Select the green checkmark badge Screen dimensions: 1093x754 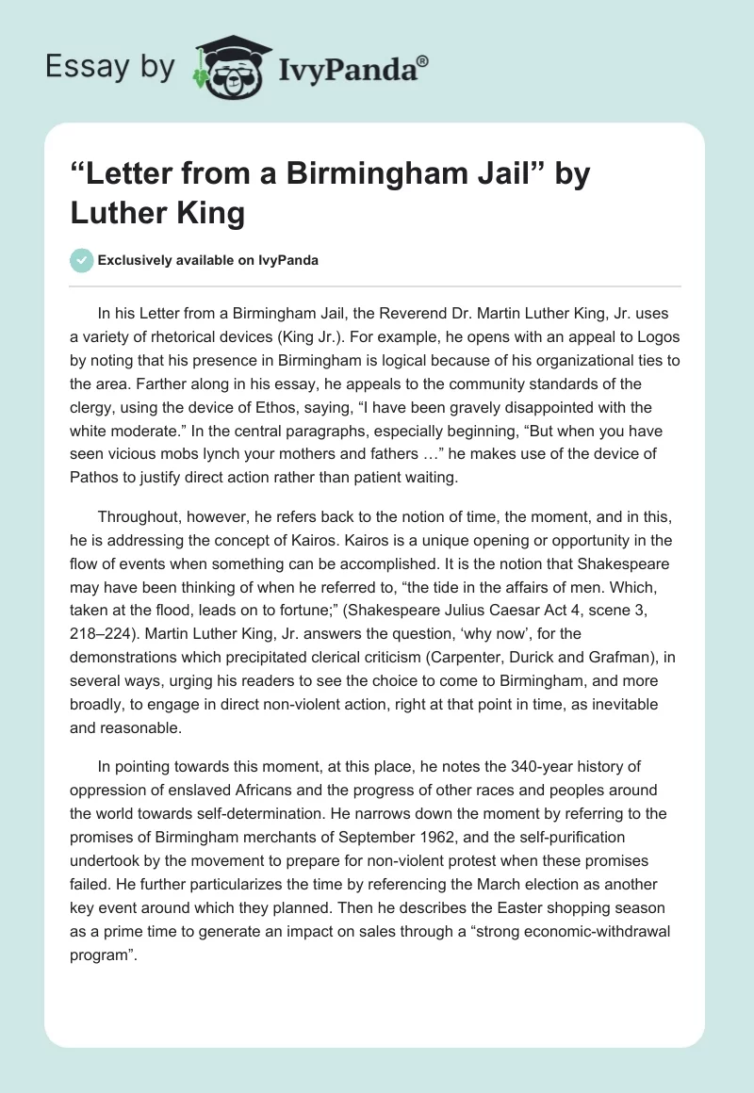(82, 260)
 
